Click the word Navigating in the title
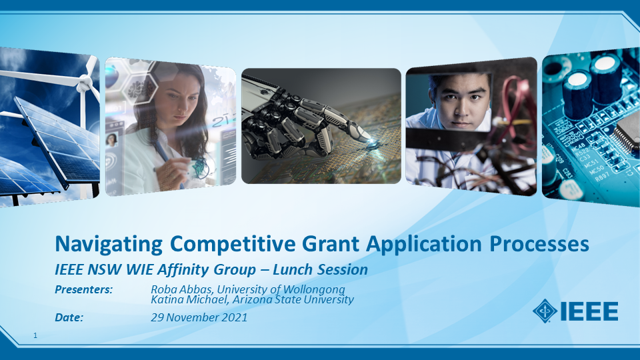[x=109, y=245]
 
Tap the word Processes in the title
[x=539, y=244]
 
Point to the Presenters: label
[x=84, y=289]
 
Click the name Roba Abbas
[x=181, y=289]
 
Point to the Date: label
[x=69, y=317]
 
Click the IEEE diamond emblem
[x=545, y=311]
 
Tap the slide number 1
[x=35, y=335]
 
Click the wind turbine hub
[x=85, y=84]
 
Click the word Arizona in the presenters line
[x=252, y=299]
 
